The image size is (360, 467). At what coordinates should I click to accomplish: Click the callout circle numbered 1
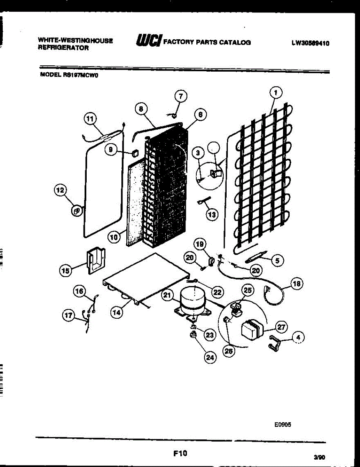coord(275,93)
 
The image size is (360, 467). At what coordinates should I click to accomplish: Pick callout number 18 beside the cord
coord(297,284)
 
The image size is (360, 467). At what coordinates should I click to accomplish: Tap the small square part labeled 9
coord(135,153)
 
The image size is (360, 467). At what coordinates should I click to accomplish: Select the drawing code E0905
coord(283,425)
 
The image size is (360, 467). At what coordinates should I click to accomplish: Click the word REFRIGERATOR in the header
coord(63,48)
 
